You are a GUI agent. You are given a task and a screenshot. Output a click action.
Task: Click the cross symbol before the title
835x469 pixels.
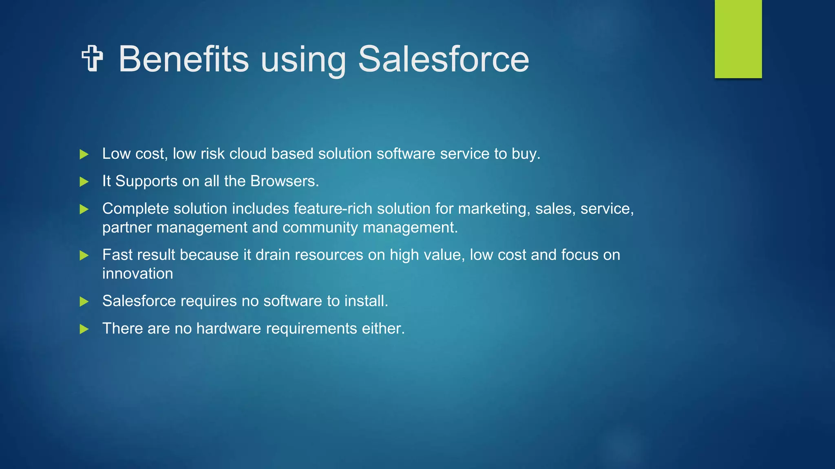92,59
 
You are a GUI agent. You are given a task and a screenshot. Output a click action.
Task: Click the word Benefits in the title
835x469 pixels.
183,59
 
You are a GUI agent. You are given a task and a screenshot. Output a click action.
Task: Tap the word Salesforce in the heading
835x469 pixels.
443,59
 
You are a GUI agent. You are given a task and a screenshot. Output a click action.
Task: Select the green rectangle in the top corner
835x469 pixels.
738,39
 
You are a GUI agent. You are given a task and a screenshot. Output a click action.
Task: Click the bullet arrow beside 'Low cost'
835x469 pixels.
84,154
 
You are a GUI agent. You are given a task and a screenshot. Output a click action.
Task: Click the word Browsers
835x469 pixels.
284,181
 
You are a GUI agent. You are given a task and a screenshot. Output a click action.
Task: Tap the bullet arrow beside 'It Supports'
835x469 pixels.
84,182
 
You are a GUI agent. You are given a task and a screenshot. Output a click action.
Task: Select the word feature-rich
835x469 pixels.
333,208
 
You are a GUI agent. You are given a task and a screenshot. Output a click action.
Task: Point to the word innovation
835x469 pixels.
137,274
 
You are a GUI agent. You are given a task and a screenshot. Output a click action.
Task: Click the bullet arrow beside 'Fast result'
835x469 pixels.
84,255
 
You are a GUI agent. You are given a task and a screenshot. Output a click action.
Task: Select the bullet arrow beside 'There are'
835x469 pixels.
84,329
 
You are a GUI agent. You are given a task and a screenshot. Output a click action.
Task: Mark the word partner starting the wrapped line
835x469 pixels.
127,228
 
